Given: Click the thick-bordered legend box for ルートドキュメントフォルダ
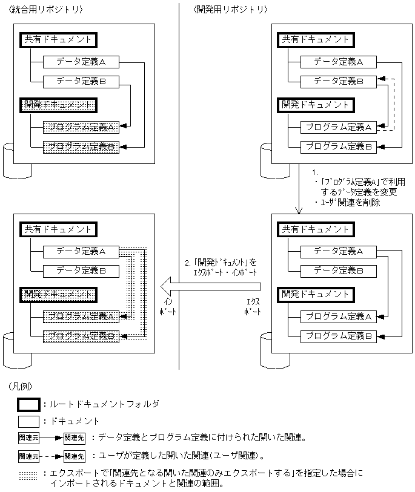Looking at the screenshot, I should [x=29, y=404].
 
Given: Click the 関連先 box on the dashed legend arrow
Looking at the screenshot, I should [x=74, y=456].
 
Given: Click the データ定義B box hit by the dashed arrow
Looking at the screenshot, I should [x=338, y=81].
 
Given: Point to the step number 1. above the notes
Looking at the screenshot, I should [x=314, y=172].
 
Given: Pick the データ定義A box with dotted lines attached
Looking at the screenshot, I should [x=81, y=251].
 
